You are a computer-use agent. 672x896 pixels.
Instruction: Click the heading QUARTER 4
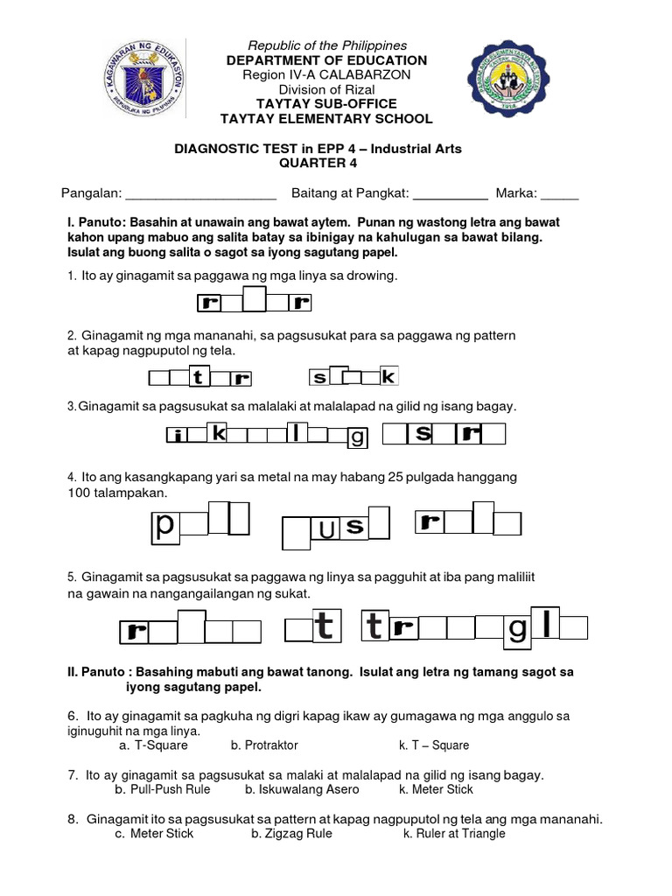pos(318,164)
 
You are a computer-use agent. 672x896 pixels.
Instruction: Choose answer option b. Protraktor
pos(264,745)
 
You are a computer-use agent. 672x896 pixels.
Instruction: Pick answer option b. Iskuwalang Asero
pos(302,789)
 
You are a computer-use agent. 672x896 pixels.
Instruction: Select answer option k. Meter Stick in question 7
pos(436,789)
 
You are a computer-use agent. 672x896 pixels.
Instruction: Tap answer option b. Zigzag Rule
pos(291,834)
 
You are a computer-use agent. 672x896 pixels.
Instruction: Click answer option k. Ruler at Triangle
pos(454,834)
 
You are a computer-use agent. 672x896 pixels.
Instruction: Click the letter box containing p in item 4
pos(164,526)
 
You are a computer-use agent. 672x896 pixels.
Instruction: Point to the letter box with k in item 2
pos(388,376)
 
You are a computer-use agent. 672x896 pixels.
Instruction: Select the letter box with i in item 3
pos(178,435)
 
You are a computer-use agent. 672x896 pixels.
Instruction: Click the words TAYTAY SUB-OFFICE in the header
pos(325,104)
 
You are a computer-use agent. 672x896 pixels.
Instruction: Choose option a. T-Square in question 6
pos(154,745)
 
